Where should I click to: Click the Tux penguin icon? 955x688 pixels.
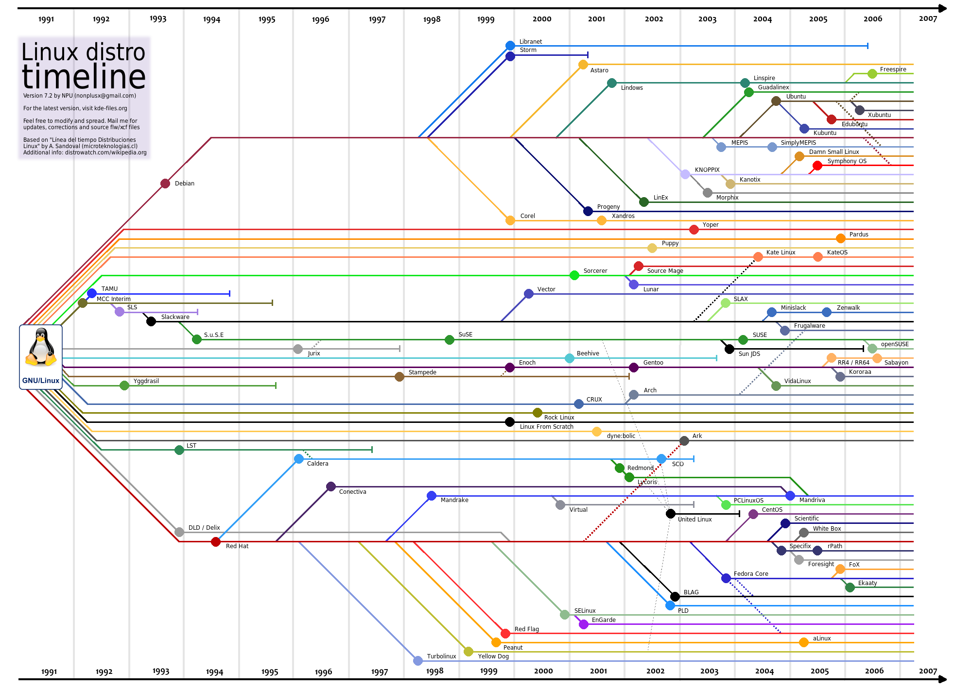pos(41,348)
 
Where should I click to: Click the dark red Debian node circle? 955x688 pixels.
pos(165,184)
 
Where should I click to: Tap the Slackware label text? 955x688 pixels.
pos(175,317)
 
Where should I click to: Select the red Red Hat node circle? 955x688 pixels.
pos(216,542)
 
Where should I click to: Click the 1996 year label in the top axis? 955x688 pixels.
pos(320,20)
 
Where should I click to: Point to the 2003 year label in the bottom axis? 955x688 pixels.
pos(709,671)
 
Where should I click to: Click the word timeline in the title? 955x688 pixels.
pos(84,77)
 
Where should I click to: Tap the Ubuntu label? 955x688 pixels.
pos(796,97)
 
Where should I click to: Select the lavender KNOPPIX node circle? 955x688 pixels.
pos(685,174)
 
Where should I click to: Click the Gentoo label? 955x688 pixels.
pos(653,363)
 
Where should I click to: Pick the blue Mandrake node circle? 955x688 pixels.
pos(432,496)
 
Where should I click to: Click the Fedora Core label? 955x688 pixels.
pos(751,574)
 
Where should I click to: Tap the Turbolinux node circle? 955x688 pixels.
pos(418,661)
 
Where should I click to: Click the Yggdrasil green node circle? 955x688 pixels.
pos(124,386)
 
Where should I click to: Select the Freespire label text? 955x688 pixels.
pos(893,69)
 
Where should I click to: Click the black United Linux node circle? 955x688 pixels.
pos(671,514)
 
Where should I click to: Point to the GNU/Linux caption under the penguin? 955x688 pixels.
pos(41,381)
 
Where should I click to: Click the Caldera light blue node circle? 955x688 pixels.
pos(299,459)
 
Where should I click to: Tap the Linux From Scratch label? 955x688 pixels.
pos(546,427)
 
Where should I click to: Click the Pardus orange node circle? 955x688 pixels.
pos(841,238)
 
